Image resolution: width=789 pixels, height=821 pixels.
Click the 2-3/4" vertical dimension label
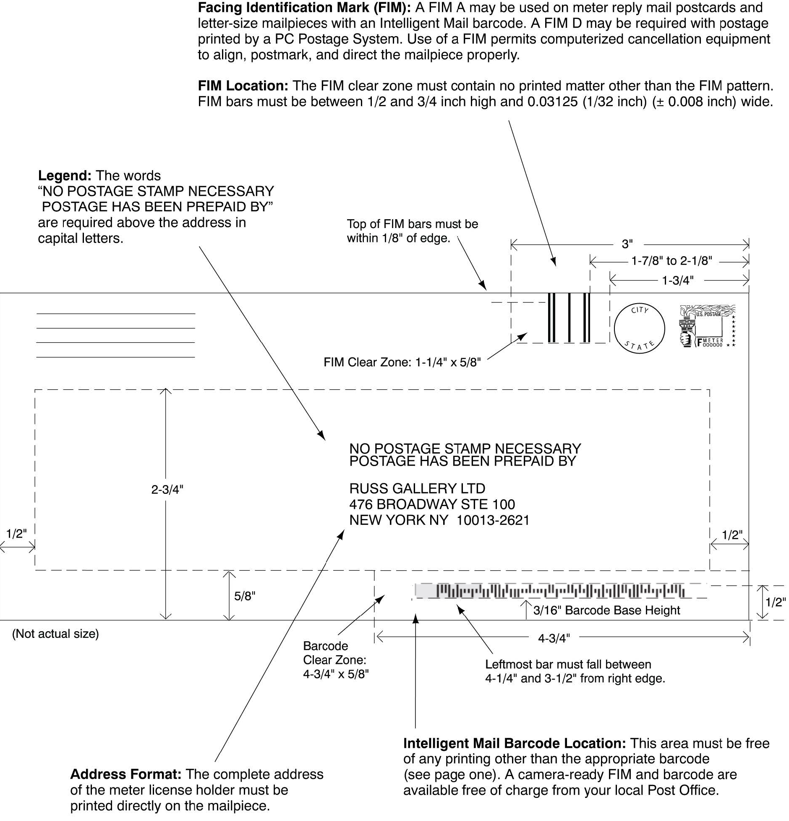pyautogui.click(x=167, y=490)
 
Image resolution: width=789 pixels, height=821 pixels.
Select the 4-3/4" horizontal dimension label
pyautogui.click(x=554, y=639)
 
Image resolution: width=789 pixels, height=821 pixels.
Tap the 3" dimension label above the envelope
pyautogui.click(x=627, y=244)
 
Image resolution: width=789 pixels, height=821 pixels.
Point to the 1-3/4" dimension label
pyautogui.click(x=677, y=281)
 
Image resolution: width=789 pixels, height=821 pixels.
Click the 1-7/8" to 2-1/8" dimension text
pyautogui.click(x=671, y=261)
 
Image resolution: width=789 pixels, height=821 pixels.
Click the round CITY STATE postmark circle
pyautogui.click(x=639, y=328)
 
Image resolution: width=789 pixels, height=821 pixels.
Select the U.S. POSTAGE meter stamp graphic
pyautogui.click(x=707, y=326)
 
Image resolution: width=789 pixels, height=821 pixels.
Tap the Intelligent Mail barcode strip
pyautogui.click(x=550, y=591)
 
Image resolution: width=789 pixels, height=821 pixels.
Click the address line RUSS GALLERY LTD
pyautogui.click(x=417, y=488)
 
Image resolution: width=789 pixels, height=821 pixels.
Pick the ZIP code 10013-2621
pyautogui.click(x=493, y=520)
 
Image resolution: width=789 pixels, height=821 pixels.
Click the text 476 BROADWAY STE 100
pyautogui.click(x=432, y=504)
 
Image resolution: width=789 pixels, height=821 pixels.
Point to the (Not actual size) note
pyautogui.click(x=55, y=634)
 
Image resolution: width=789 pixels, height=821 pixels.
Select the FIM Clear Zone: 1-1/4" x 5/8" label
pyautogui.click(x=402, y=362)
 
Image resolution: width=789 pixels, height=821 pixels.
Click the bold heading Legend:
pyautogui.click(x=65, y=176)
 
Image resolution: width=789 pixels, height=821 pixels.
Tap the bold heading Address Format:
pyautogui.click(x=125, y=774)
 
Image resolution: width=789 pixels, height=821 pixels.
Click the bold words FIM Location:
pyautogui.click(x=243, y=86)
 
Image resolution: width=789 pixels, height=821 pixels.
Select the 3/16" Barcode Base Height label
pyautogui.click(x=606, y=610)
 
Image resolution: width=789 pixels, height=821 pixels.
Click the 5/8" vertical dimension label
pyautogui.click(x=244, y=596)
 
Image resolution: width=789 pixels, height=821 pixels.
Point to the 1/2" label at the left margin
pyautogui.click(x=16, y=534)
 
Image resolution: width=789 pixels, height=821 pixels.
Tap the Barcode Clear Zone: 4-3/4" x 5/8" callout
pyautogui.click(x=335, y=660)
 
